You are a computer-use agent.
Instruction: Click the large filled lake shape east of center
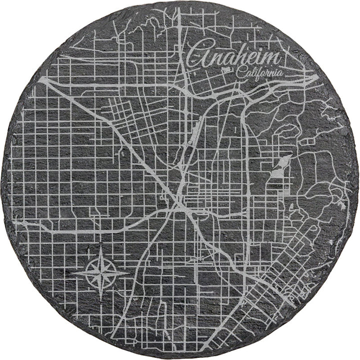[x=280, y=168]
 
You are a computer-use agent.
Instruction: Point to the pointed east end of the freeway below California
[x=318, y=76]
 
